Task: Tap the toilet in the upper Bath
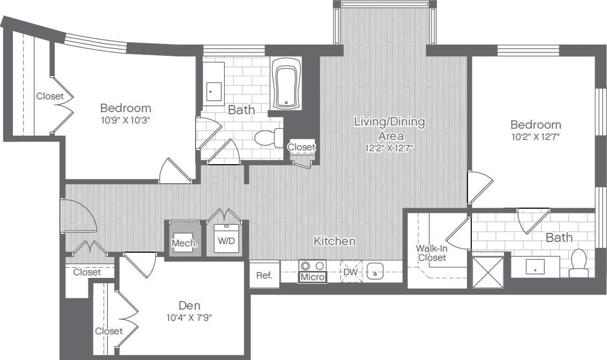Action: (x=269, y=138)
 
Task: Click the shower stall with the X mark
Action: (x=487, y=272)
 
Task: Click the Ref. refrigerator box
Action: (x=264, y=275)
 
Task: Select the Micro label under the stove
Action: (x=312, y=277)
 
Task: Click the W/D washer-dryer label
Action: (x=226, y=241)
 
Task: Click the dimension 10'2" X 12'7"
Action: (x=535, y=136)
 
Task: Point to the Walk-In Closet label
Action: (x=432, y=253)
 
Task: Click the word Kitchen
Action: (x=334, y=241)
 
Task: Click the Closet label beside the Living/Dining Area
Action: (x=302, y=147)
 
